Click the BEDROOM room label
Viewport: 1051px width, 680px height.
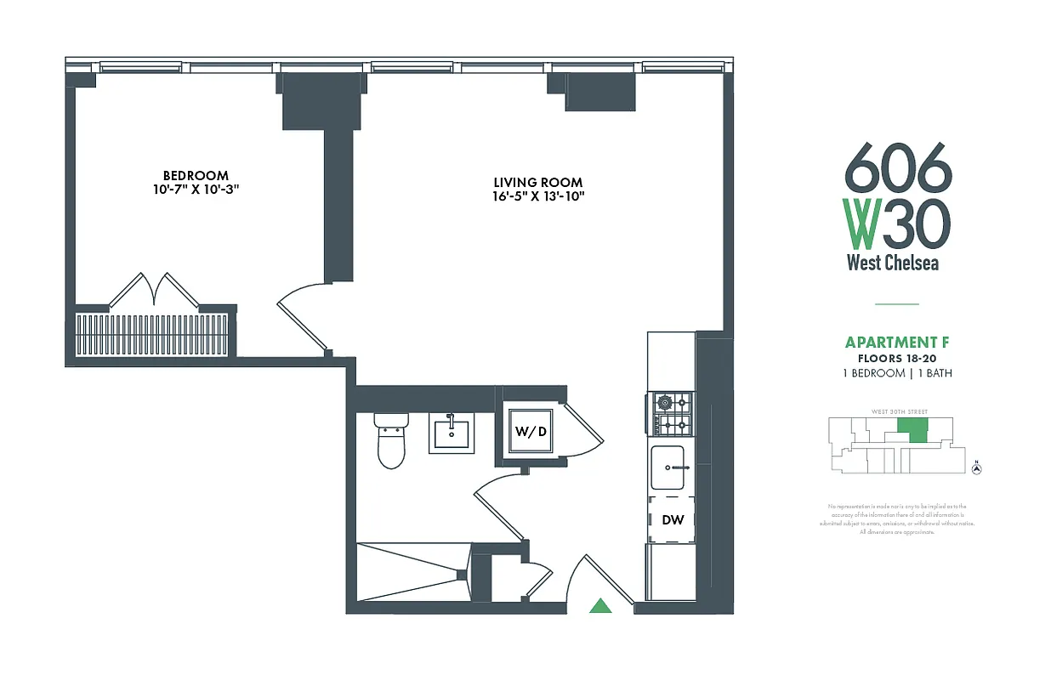pos(196,175)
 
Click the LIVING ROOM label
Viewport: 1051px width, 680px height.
pos(538,182)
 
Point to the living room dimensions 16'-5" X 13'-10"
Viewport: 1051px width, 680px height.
pos(538,196)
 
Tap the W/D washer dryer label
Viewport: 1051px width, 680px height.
pos(530,431)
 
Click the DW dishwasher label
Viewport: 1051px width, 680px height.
pos(673,519)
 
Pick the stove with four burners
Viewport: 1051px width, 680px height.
pos(672,415)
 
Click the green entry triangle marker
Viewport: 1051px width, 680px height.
pos(601,605)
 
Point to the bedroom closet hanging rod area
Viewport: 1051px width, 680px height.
pos(153,334)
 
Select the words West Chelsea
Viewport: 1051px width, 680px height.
pos(893,263)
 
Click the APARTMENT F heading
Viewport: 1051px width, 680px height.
pos(897,343)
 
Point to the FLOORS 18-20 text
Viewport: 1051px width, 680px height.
pos(897,359)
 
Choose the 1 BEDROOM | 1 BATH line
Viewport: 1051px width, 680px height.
pos(897,373)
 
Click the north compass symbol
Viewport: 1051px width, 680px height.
pos(977,467)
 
